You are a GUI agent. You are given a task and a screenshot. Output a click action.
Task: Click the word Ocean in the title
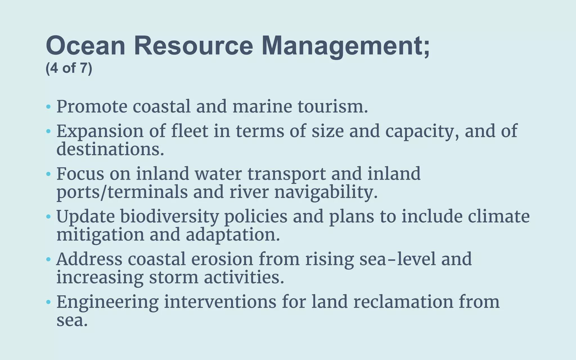(x=85, y=46)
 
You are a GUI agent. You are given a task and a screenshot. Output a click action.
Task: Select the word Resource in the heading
(x=193, y=46)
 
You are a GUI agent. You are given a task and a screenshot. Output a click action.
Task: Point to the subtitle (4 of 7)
(x=69, y=68)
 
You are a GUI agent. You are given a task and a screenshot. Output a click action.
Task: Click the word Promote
(x=92, y=107)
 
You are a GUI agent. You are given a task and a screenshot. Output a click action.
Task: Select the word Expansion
(x=100, y=131)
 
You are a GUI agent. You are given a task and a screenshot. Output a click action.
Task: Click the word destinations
(x=110, y=149)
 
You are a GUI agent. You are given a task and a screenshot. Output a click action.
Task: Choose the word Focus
(x=80, y=174)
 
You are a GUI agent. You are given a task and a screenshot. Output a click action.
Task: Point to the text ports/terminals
(x=122, y=192)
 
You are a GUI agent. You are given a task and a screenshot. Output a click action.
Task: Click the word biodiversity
(x=169, y=217)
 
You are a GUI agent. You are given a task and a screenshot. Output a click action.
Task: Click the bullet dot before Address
(x=48, y=260)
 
